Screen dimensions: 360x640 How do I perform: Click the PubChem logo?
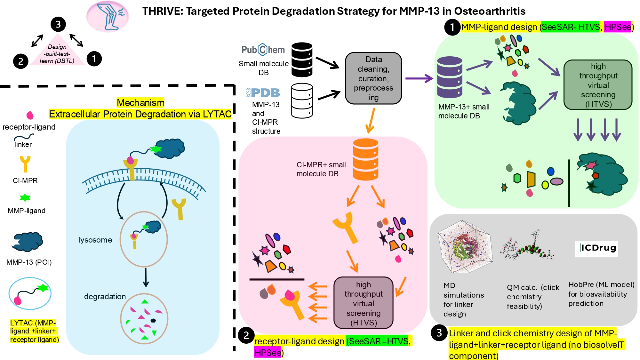(x=263, y=50)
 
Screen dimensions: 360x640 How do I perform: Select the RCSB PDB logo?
(x=263, y=93)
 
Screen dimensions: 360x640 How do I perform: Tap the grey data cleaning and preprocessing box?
(x=373, y=78)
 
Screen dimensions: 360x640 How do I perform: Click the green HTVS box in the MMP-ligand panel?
(x=598, y=85)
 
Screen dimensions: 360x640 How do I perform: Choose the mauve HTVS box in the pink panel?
(x=363, y=303)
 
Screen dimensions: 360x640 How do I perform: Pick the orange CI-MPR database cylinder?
(x=365, y=159)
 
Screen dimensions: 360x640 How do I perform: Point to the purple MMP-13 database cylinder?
(x=450, y=77)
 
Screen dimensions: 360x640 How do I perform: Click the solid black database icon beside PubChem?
(x=302, y=60)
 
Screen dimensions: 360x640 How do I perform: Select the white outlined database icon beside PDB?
(x=302, y=100)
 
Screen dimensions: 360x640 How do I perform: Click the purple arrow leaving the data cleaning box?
(x=419, y=78)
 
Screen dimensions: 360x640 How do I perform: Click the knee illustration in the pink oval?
(x=108, y=16)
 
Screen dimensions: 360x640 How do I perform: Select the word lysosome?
(x=95, y=240)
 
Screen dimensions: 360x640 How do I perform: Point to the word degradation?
(x=105, y=297)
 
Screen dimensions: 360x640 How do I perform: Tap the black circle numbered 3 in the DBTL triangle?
(x=58, y=24)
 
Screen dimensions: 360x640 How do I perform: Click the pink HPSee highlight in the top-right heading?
(x=617, y=27)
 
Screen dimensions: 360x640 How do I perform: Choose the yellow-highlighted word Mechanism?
(x=140, y=103)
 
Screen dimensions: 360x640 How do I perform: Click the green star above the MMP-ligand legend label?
(x=25, y=198)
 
